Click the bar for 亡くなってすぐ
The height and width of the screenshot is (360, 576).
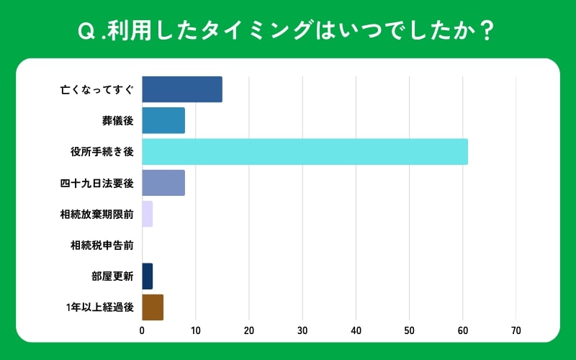(x=182, y=89)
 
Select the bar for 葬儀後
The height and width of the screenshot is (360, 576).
(x=163, y=120)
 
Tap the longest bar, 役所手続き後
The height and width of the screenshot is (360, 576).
(x=305, y=152)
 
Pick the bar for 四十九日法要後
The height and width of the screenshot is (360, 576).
(x=163, y=183)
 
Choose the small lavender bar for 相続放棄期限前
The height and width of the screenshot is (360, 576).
(x=148, y=214)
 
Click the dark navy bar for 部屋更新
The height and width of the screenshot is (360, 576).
(x=148, y=276)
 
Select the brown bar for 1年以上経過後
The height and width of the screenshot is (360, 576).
(x=153, y=307)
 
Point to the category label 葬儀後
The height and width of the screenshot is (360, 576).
(x=118, y=121)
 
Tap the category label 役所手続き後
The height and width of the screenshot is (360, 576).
(x=102, y=152)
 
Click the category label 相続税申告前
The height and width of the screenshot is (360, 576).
(x=102, y=245)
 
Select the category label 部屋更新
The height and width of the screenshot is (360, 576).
(x=113, y=276)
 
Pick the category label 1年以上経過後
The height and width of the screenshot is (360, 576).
(x=99, y=307)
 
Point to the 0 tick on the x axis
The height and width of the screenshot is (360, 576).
(x=142, y=330)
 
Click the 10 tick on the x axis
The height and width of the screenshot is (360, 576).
(x=195, y=330)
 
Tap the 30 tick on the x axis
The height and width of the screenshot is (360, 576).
(x=302, y=330)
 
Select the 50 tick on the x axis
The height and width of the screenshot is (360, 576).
(x=409, y=330)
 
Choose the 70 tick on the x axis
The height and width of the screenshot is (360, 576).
(x=516, y=330)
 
